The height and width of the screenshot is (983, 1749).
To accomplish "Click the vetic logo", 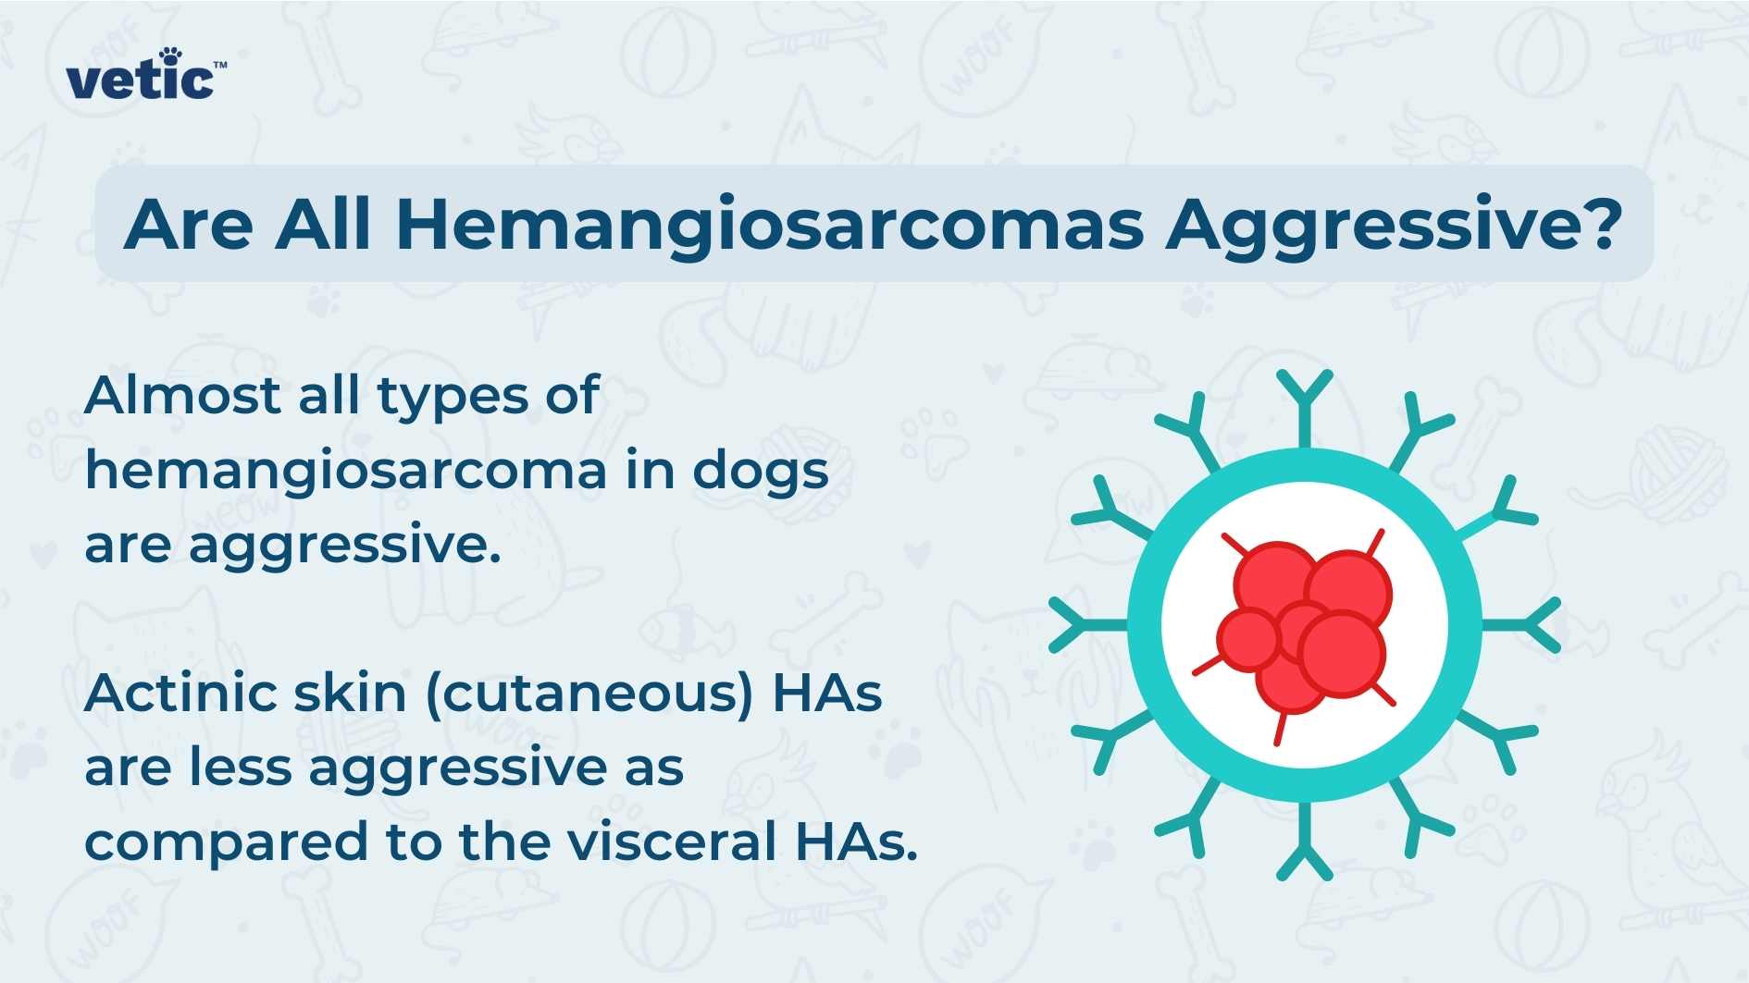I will (x=143, y=79).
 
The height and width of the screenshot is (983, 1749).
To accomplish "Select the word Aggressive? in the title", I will (x=1393, y=225).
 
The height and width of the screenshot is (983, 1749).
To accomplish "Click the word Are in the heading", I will (x=189, y=225).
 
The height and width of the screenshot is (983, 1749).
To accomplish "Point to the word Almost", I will (x=182, y=395).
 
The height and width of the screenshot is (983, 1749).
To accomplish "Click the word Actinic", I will (x=180, y=693).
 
